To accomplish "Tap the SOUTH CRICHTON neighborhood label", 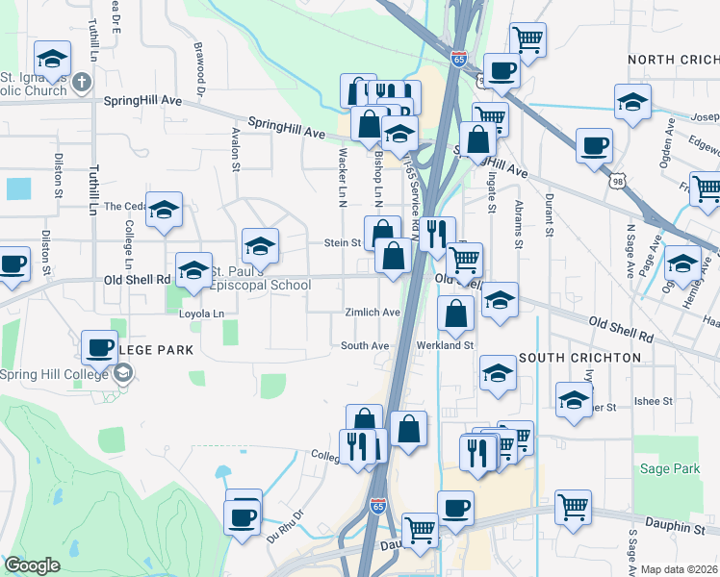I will point(579,358).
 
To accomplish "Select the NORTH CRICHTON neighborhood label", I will point(673,60).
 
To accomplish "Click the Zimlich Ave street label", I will point(373,313).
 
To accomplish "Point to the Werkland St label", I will point(446,345).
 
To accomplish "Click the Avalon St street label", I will point(235,150).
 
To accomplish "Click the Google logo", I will point(32,565).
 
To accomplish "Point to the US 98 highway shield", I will point(617,180).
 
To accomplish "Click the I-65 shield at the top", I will point(457,59).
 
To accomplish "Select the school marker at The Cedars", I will point(165,210).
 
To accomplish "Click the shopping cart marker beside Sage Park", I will point(573,506).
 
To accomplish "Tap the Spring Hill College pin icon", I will point(122,375).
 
